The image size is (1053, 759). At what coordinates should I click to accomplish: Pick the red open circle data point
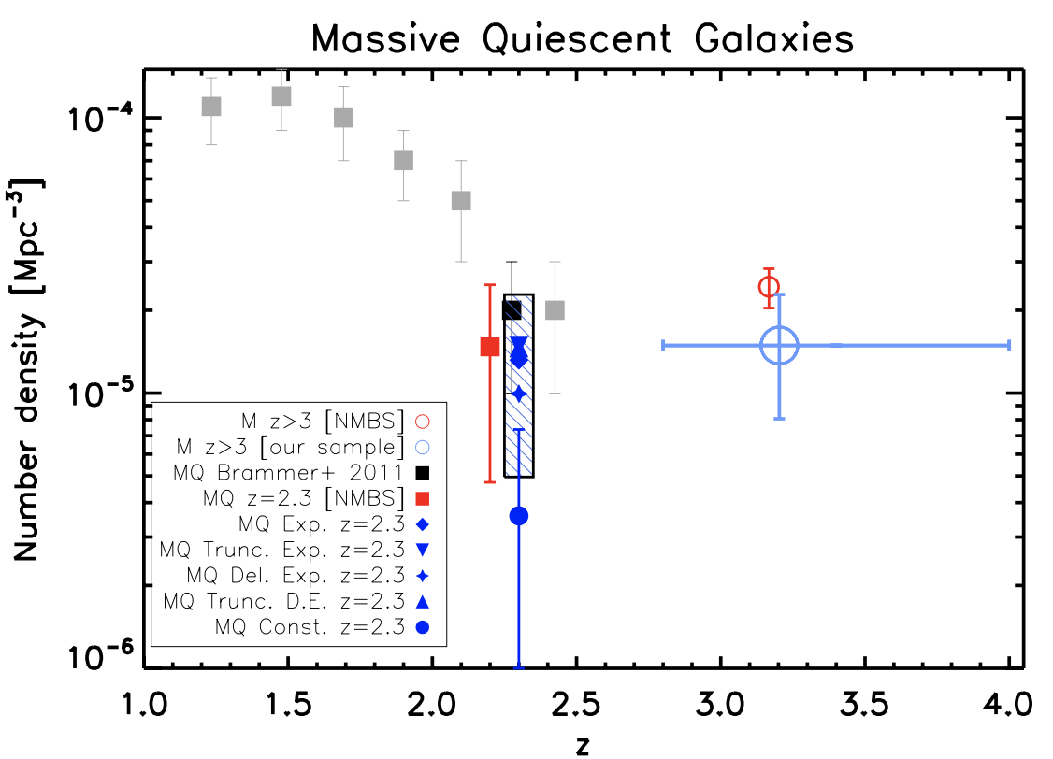(x=769, y=287)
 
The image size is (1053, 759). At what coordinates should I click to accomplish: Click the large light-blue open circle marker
(x=779, y=345)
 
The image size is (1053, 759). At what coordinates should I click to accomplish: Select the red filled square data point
(x=489, y=347)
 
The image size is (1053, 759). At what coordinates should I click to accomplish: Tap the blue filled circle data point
(x=519, y=516)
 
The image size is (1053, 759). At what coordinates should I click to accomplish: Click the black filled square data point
(x=512, y=310)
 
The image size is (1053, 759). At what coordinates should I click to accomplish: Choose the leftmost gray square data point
(x=211, y=107)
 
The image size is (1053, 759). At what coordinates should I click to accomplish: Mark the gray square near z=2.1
(x=461, y=201)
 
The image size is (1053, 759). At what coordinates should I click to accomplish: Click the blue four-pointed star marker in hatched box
(x=519, y=394)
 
